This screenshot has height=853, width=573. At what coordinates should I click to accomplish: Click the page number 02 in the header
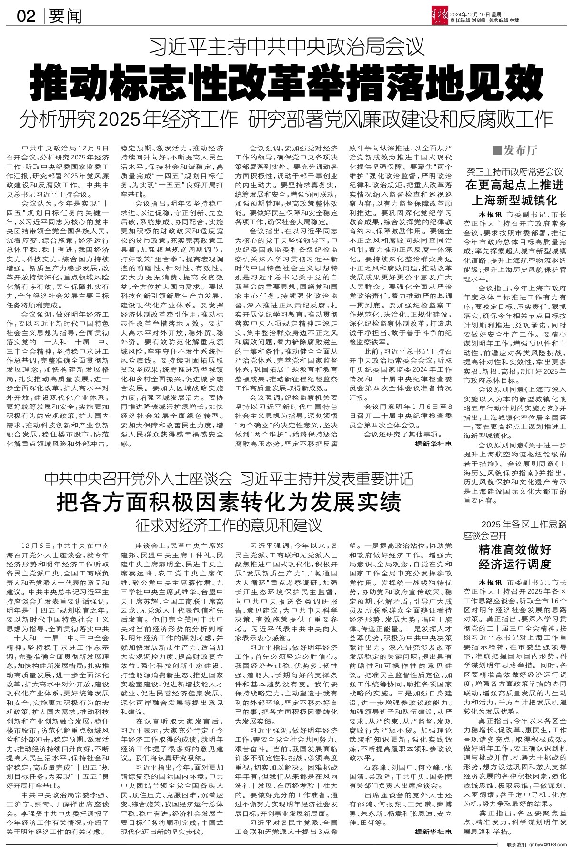click(x=26, y=17)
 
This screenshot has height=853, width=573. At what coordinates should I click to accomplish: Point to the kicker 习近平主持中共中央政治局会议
click(x=286, y=48)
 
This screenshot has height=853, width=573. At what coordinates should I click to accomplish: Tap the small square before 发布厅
click(x=497, y=151)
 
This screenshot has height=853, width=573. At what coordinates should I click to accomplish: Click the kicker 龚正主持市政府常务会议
click(x=514, y=171)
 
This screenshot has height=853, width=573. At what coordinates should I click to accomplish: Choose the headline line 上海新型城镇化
click(x=514, y=199)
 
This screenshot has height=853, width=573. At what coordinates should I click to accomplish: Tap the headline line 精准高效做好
click(x=514, y=550)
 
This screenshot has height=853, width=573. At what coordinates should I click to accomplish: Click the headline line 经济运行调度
click(x=514, y=565)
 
